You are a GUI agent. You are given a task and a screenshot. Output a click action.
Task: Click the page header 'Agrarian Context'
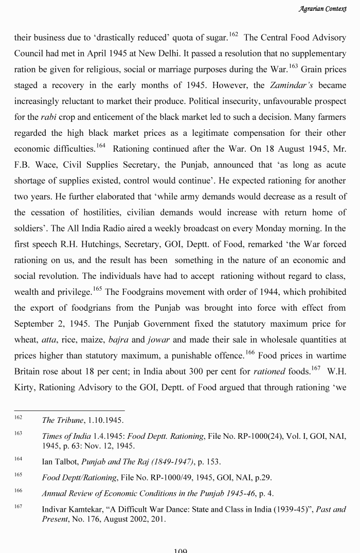[x=322, y=9]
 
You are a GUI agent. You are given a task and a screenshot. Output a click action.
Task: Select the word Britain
[x=28, y=371]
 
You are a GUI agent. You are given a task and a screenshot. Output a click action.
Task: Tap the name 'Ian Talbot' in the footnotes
[x=60, y=461]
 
